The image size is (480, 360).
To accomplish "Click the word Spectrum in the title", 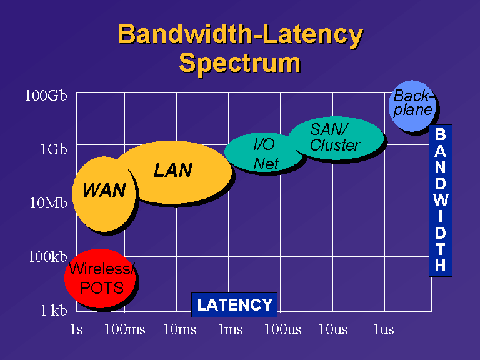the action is click(239, 63).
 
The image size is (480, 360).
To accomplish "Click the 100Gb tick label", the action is click(46, 96).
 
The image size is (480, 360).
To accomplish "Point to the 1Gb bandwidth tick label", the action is click(54, 149).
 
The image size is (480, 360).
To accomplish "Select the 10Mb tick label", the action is click(48, 203).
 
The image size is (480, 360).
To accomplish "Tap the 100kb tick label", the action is click(47, 256).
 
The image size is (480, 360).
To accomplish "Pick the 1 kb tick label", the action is click(54, 311).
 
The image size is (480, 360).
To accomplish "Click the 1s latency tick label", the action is click(76, 329).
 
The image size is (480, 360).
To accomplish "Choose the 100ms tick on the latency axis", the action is click(124, 329).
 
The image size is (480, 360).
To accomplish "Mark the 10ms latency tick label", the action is click(180, 329).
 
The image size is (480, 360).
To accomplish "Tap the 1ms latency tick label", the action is click(231, 329).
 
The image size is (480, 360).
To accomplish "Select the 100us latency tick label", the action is click(283, 329).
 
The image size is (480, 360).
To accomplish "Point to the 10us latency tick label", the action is click(333, 329).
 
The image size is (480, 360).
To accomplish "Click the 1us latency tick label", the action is click(384, 329).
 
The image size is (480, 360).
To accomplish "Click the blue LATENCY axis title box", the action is click(234, 305).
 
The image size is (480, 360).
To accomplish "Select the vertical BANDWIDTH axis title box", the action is click(441, 201).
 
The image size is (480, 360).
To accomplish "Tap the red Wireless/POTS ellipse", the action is click(101, 278).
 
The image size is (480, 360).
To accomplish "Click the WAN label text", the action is click(104, 190).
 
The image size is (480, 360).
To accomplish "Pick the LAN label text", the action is click(173, 170).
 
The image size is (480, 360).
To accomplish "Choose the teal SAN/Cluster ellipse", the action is click(336, 138).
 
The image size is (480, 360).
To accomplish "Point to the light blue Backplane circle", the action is click(412, 106).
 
